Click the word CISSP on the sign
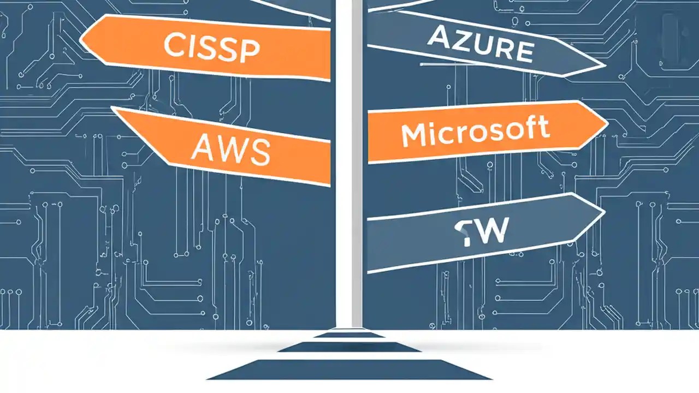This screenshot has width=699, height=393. [211, 47]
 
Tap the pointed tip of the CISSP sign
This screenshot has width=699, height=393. [81, 39]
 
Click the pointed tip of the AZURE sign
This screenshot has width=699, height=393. [605, 67]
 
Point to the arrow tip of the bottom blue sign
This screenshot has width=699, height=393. [603, 210]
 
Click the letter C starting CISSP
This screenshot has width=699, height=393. [174, 46]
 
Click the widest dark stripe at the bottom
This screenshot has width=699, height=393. [349, 370]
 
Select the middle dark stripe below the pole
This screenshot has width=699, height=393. [349, 347]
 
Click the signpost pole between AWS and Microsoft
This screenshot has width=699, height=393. [349, 147]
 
